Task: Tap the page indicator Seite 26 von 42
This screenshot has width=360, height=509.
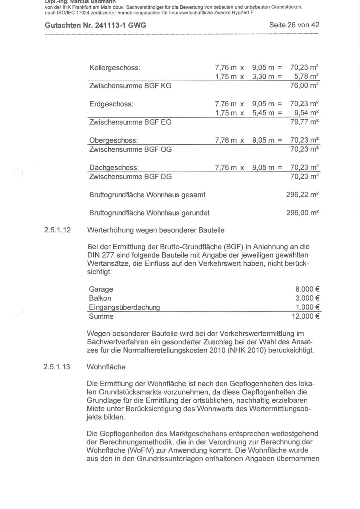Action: coord(294,25)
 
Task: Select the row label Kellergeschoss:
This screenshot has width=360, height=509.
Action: coord(115,68)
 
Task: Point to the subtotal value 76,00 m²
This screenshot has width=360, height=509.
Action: coord(304,86)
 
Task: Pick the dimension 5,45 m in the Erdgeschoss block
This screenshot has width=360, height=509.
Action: coord(263,113)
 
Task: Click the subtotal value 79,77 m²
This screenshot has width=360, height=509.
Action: coord(304,122)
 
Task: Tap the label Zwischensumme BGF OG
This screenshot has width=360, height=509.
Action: coord(130,149)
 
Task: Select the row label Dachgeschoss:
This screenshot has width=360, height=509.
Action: coord(114,168)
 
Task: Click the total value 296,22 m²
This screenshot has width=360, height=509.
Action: coord(303,195)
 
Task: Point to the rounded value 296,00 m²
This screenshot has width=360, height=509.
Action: coord(303,213)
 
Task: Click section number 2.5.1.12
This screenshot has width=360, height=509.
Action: coord(57,230)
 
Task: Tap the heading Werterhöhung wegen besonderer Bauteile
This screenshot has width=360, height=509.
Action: coord(156,230)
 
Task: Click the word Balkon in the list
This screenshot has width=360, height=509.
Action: coord(100,298)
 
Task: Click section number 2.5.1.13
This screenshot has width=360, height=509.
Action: coord(57,367)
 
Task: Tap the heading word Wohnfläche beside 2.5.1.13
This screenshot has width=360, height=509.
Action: coord(106,367)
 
